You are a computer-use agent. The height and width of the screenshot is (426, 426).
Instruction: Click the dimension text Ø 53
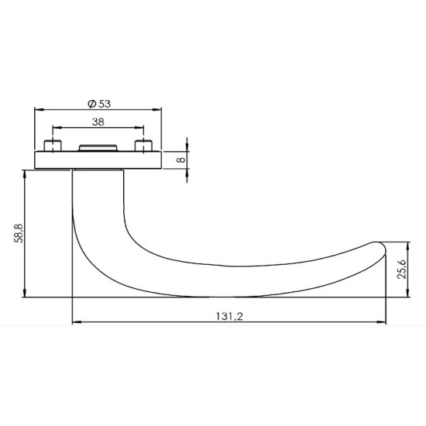point(98,103)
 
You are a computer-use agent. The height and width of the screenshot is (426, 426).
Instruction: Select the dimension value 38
point(98,122)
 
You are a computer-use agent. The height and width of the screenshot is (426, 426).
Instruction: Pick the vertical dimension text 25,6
point(400,268)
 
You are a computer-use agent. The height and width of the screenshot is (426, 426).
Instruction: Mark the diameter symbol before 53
point(91,103)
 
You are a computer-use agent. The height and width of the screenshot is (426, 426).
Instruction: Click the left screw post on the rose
point(53,146)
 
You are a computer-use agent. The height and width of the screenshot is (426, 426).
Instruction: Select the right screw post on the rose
point(142,146)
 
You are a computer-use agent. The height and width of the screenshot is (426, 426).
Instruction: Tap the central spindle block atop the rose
point(98,147)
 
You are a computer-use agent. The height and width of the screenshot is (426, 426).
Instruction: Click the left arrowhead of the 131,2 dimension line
point(75,321)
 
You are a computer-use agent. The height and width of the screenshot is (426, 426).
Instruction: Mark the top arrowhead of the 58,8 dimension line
point(26,174)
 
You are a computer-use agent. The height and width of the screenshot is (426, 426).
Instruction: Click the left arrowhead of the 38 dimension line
point(55,129)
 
